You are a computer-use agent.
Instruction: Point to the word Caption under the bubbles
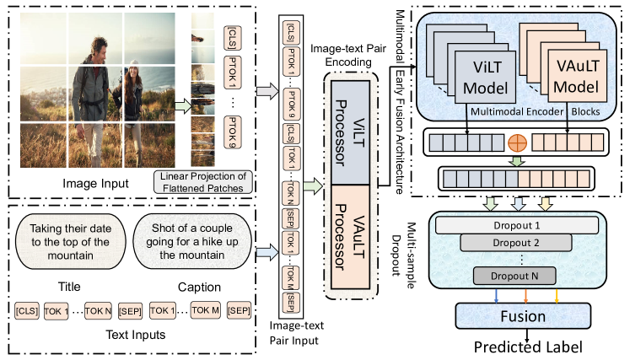[x=199, y=284]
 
